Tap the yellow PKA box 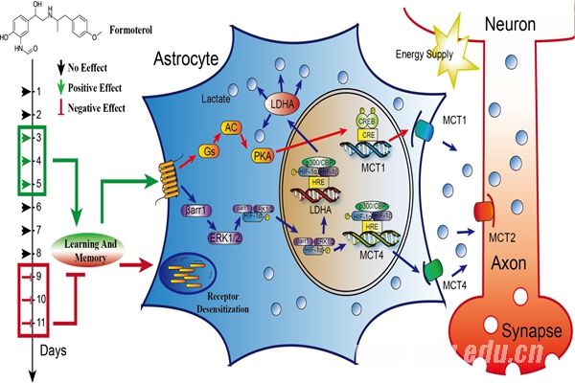pos(262,155)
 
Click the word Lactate pos(218,99)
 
